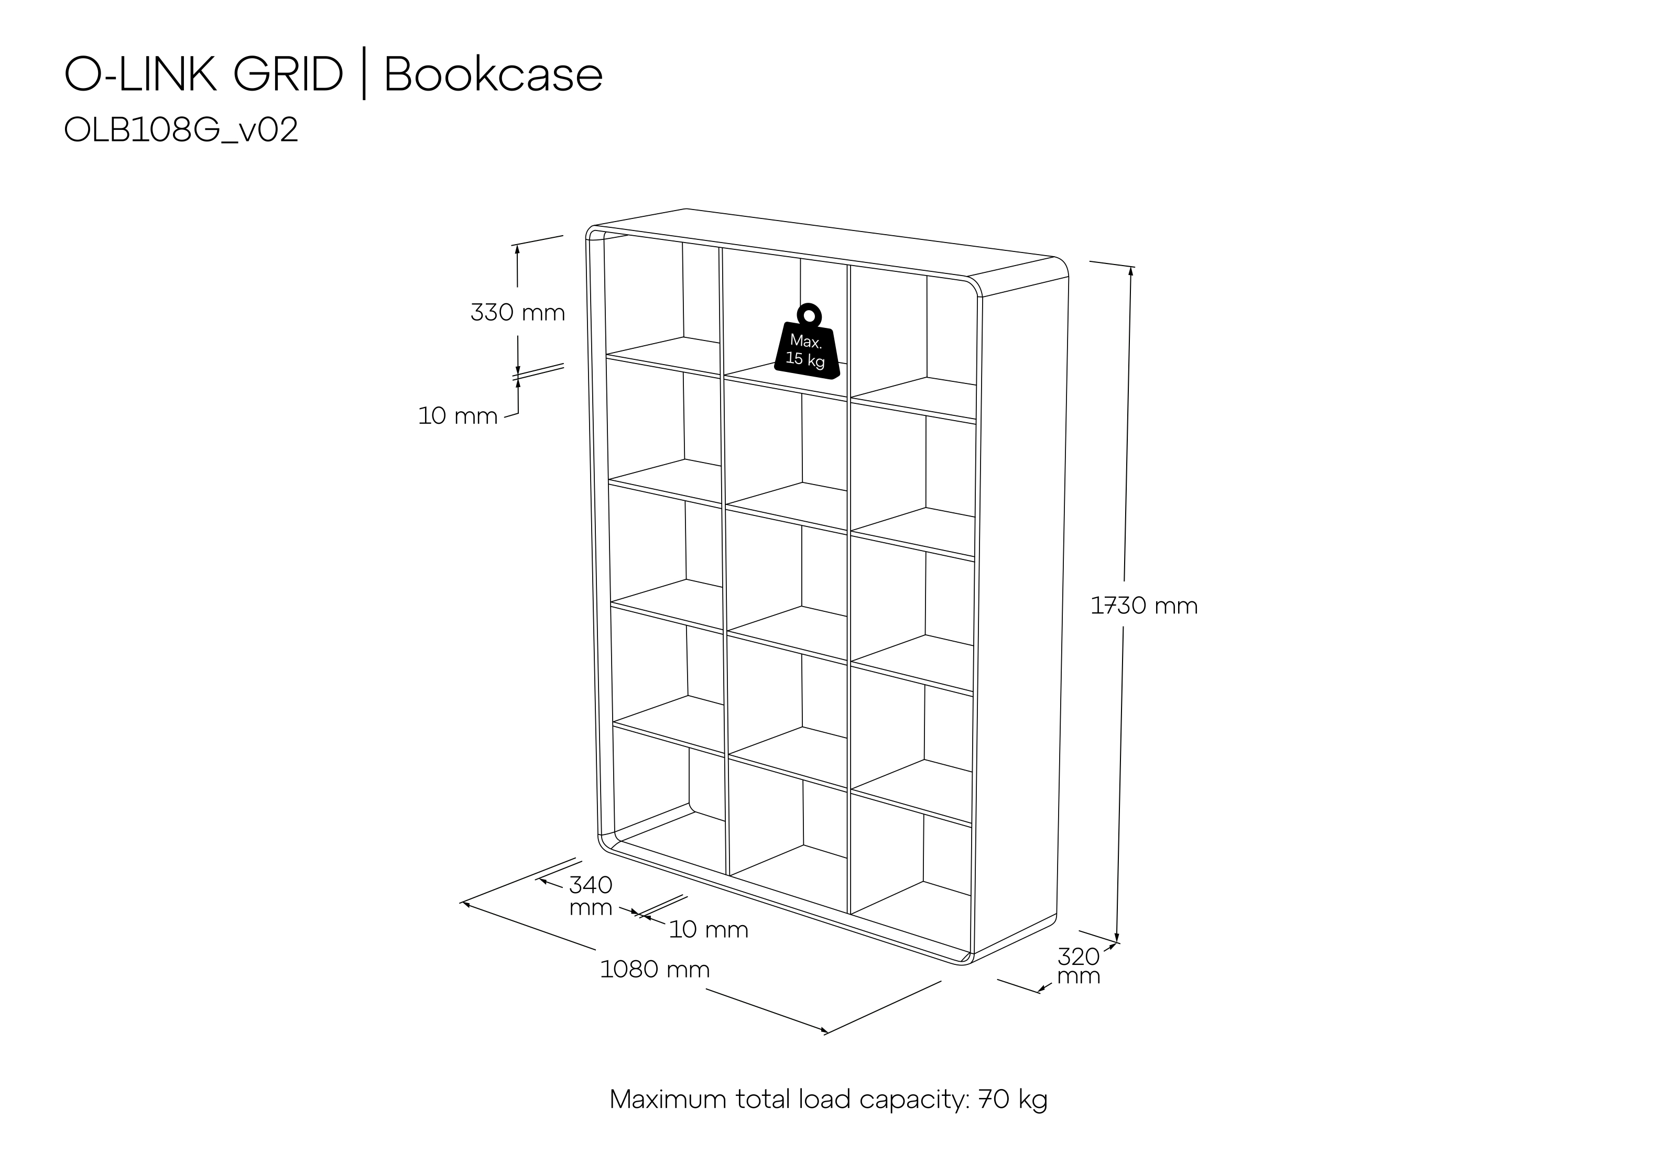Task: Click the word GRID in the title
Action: coord(288,75)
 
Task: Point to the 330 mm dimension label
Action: coord(517,313)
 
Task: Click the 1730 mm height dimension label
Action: coord(1144,606)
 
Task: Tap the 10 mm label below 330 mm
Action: coord(457,416)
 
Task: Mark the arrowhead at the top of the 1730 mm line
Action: coord(1130,271)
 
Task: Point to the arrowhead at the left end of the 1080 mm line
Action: coord(466,904)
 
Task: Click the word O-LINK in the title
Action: coord(141,75)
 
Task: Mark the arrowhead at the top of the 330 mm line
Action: coord(517,249)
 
